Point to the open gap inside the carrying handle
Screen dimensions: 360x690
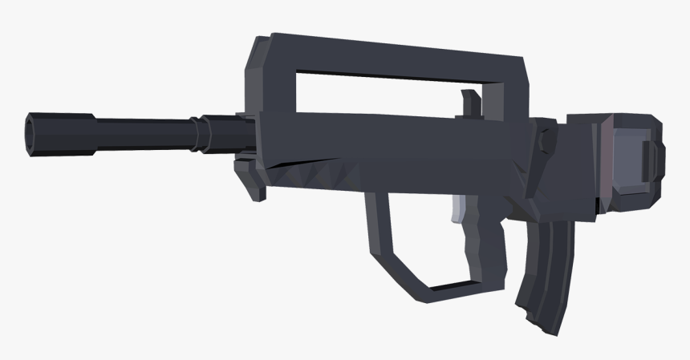pyautogui.click(x=377, y=90)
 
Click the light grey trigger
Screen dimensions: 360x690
pyautogui.click(x=458, y=210)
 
